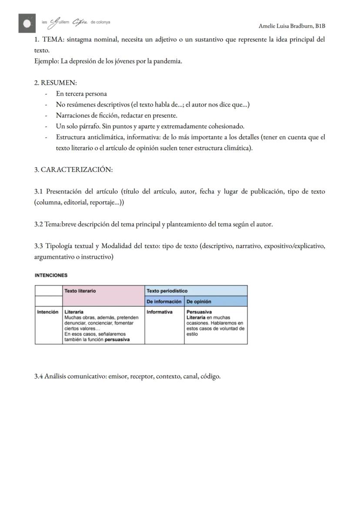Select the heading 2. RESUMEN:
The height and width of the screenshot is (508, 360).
tap(55, 83)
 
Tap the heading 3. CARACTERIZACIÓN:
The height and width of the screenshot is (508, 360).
tap(73, 169)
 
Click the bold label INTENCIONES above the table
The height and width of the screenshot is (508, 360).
tap(51, 275)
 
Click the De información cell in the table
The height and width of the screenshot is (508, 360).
tap(164, 301)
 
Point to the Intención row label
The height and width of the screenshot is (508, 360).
tap(48, 312)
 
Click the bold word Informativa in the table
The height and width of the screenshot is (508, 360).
tap(160, 312)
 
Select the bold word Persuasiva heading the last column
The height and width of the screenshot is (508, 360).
tap(199, 312)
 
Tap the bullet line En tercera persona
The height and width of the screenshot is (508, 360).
tap(81, 93)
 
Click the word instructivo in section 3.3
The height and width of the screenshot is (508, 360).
tap(97, 257)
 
